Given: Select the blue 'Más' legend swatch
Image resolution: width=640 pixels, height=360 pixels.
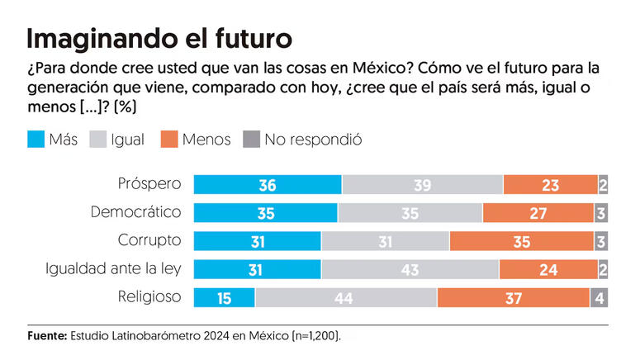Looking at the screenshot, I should click(x=36, y=140).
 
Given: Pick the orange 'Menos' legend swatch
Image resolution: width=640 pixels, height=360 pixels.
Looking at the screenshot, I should click(x=172, y=140).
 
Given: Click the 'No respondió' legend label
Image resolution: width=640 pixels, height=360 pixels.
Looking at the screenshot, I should click(x=313, y=140).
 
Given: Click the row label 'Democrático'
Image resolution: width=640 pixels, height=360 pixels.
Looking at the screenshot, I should click(x=135, y=212).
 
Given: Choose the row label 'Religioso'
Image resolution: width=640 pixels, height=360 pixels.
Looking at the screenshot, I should click(x=150, y=296).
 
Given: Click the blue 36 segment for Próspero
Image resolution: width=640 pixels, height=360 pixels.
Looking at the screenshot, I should click(x=267, y=185).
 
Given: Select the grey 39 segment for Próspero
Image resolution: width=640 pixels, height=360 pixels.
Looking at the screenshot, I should click(x=422, y=185).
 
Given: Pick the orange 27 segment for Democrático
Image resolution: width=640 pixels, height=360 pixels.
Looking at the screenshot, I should click(x=538, y=213).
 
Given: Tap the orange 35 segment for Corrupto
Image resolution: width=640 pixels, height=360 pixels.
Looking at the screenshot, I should click(x=522, y=241).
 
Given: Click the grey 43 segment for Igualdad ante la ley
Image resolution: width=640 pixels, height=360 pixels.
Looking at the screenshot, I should click(x=410, y=269).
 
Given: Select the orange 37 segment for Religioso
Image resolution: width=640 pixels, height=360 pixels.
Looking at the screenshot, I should click(x=513, y=297).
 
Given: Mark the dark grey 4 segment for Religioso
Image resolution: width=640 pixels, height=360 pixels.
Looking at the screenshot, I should click(x=600, y=297).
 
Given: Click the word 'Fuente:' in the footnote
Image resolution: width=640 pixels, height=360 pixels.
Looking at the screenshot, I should click(x=46, y=336).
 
